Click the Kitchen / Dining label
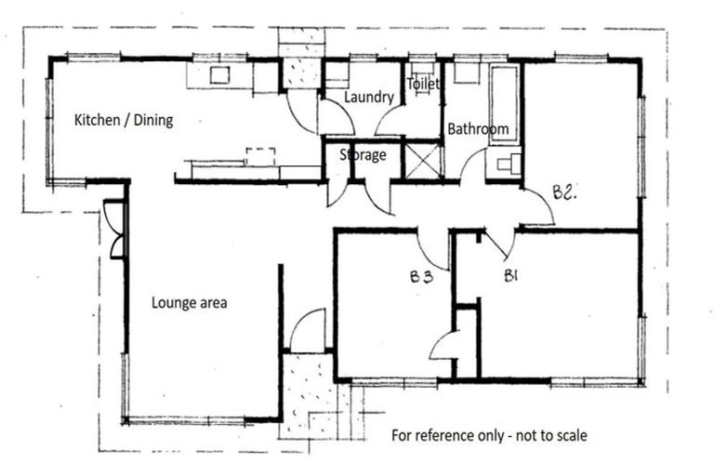(124, 120)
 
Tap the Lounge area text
(190, 302)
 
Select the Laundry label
(369, 97)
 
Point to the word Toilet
(422, 84)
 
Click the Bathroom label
(478, 129)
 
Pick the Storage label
(363, 155)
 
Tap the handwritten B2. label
(565, 192)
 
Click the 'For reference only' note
(489, 434)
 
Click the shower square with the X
(424, 160)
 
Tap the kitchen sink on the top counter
(219, 75)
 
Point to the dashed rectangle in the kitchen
(260, 153)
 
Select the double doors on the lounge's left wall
(113, 229)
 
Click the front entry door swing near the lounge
(309, 330)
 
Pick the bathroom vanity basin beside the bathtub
(508, 165)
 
